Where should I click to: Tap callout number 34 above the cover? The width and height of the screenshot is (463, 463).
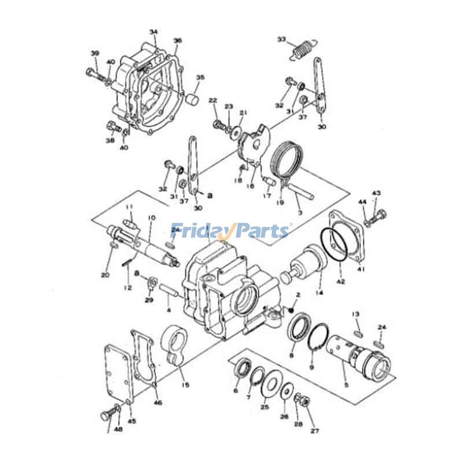(153, 31)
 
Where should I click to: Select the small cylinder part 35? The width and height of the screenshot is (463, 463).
(192, 99)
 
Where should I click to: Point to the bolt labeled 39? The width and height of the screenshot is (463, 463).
(94, 74)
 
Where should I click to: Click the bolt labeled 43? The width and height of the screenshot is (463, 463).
(379, 216)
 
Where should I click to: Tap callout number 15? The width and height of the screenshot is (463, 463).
(185, 384)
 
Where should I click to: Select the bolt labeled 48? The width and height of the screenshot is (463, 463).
(107, 414)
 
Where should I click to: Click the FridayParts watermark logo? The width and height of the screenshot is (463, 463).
(230, 231)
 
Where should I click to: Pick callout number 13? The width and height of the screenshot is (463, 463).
(356, 314)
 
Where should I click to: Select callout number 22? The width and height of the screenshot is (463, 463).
(212, 101)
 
